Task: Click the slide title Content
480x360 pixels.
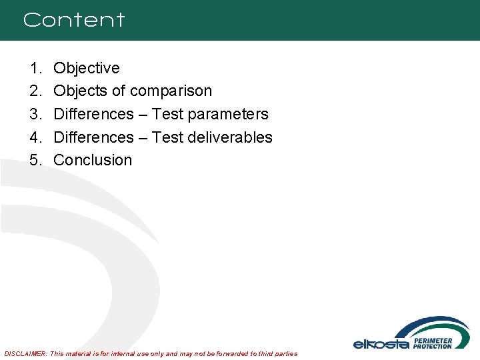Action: [73, 20]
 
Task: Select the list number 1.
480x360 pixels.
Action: [35, 68]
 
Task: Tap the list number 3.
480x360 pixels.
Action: [35, 114]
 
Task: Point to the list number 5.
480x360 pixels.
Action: [35, 160]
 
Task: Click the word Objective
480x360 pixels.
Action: [87, 68]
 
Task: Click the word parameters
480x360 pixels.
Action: [228, 114]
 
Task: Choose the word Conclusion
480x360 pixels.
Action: [93, 160]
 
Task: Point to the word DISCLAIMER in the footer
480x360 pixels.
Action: [25, 353]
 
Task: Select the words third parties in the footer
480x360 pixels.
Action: [275, 353]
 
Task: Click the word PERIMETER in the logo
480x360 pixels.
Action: [433, 340]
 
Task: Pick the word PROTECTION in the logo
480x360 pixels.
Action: [433, 346]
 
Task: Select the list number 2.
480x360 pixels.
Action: [35, 91]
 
